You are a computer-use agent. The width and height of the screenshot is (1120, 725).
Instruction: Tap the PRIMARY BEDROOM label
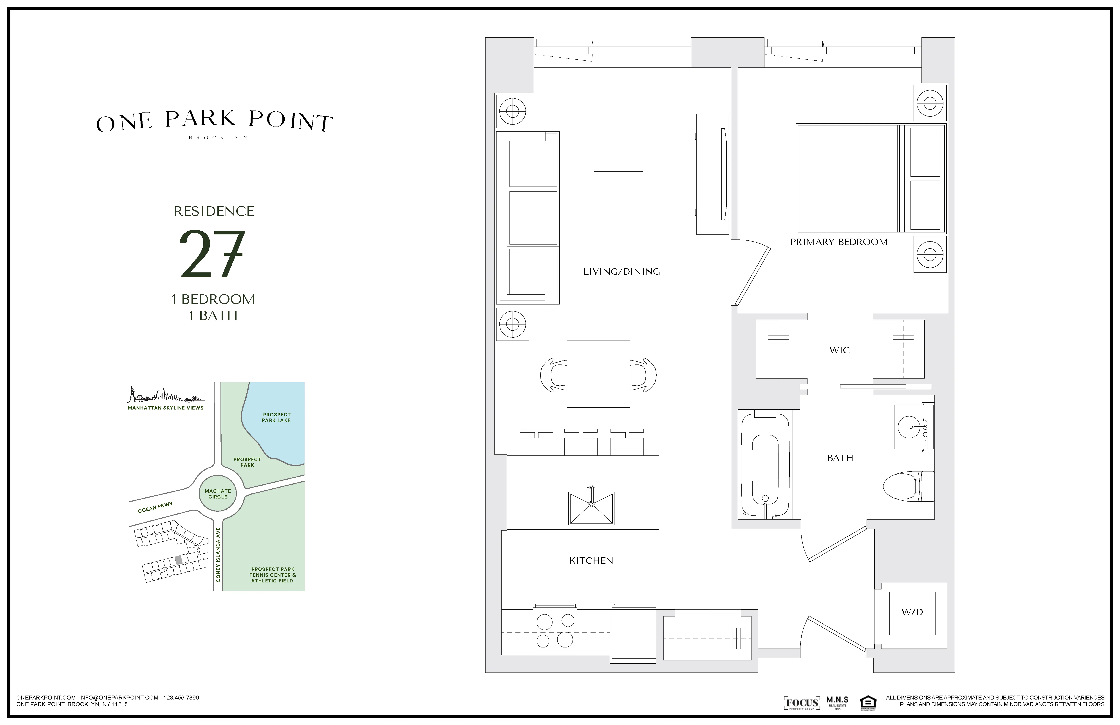[839, 242]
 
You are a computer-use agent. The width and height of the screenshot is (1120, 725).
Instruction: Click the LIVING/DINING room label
[621, 272]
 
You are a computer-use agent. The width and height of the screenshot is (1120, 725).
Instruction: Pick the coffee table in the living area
[618, 217]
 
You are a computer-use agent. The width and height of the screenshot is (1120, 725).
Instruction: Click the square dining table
[598, 374]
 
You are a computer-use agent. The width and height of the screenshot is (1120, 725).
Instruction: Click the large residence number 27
[213, 254]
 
